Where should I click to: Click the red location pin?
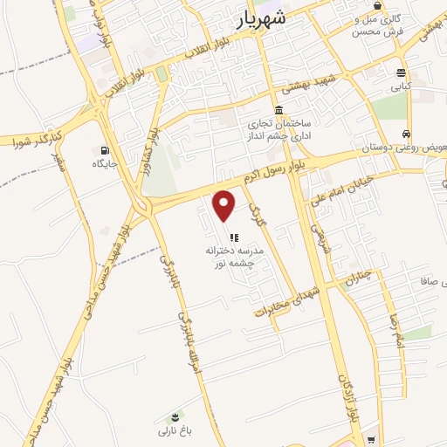[x=224, y=205]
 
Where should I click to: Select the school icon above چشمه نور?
[x=233, y=237]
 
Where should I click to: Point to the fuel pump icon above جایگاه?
[x=106, y=150]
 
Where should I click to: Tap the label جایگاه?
[x=105, y=163]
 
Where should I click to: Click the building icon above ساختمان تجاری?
[x=279, y=110]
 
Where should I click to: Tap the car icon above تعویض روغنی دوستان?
[x=406, y=134]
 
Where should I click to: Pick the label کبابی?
[x=400, y=86]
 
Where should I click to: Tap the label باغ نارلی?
[x=174, y=430]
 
